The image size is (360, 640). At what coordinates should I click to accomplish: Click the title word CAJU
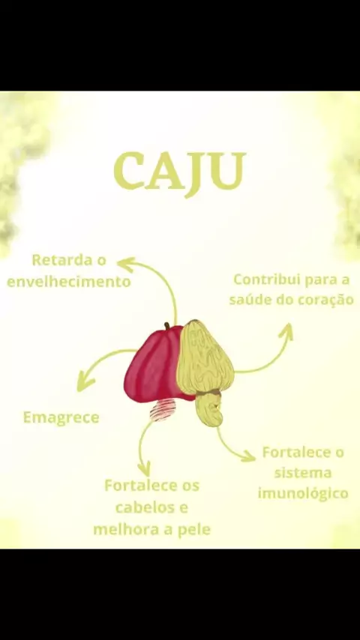[180, 172]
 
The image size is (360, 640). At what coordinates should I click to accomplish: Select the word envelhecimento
[69, 282]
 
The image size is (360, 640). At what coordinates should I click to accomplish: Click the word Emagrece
[61, 417]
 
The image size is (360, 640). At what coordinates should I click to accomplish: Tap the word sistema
[302, 473]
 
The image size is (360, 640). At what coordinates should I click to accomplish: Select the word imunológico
[303, 493]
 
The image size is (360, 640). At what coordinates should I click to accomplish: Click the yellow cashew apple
[204, 357]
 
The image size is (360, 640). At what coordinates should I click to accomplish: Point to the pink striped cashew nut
[163, 409]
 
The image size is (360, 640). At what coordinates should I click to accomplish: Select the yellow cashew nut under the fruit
[209, 409]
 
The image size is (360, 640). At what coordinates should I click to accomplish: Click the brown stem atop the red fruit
[167, 326]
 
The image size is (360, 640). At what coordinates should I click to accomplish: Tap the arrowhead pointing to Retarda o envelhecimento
[125, 264]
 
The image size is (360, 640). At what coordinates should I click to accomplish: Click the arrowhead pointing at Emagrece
[85, 383]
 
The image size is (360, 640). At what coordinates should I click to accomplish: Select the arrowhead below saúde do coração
[286, 330]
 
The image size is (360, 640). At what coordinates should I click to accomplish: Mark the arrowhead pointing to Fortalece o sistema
[248, 456]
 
